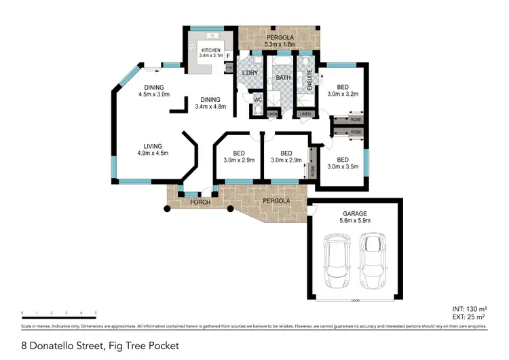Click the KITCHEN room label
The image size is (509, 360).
(x=210, y=50)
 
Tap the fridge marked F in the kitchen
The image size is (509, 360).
(x=229, y=56)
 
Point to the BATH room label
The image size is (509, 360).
(x=282, y=78)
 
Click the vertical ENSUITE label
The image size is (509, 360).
(x=309, y=81)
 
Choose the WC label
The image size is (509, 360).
(x=258, y=100)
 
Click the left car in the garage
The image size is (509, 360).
(x=337, y=261)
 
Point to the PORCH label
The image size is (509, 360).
(x=199, y=202)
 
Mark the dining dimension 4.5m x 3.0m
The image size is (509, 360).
(x=154, y=94)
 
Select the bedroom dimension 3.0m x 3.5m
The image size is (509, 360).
(x=343, y=166)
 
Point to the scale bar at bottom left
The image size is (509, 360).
(x=59, y=314)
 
